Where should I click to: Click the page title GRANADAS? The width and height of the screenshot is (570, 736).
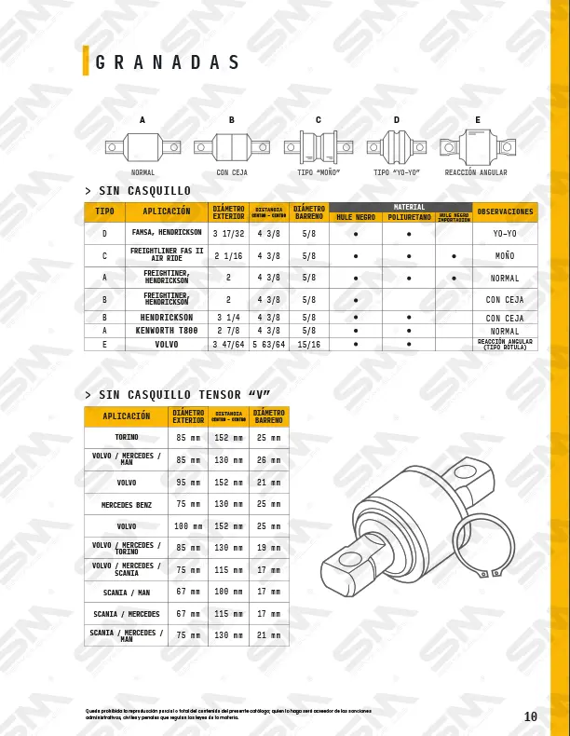point(169,63)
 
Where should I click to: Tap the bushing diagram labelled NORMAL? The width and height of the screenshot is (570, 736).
point(142,146)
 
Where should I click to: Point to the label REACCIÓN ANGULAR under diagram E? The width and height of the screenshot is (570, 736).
point(476,173)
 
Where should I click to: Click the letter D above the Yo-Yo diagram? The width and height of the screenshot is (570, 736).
point(397,120)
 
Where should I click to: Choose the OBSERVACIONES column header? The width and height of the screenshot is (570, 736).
point(505,211)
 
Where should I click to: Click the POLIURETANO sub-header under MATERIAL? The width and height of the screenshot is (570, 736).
point(409,217)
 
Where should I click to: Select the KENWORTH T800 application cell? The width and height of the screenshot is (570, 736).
point(167,331)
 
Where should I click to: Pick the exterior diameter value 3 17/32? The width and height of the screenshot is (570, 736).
point(228,233)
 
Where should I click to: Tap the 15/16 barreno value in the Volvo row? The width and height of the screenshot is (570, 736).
point(308,345)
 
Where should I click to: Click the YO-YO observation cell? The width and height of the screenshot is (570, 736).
point(505,234)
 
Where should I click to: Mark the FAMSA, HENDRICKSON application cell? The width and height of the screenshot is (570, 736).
point(167,233)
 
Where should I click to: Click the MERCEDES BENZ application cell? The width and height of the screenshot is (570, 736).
point(126,505)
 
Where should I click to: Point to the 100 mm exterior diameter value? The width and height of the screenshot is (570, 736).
point(188,526)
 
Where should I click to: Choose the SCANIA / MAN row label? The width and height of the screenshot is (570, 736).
point(126,592)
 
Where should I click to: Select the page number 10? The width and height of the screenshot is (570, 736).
point(531,716)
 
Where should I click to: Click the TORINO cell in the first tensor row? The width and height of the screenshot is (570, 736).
point(126,437)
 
